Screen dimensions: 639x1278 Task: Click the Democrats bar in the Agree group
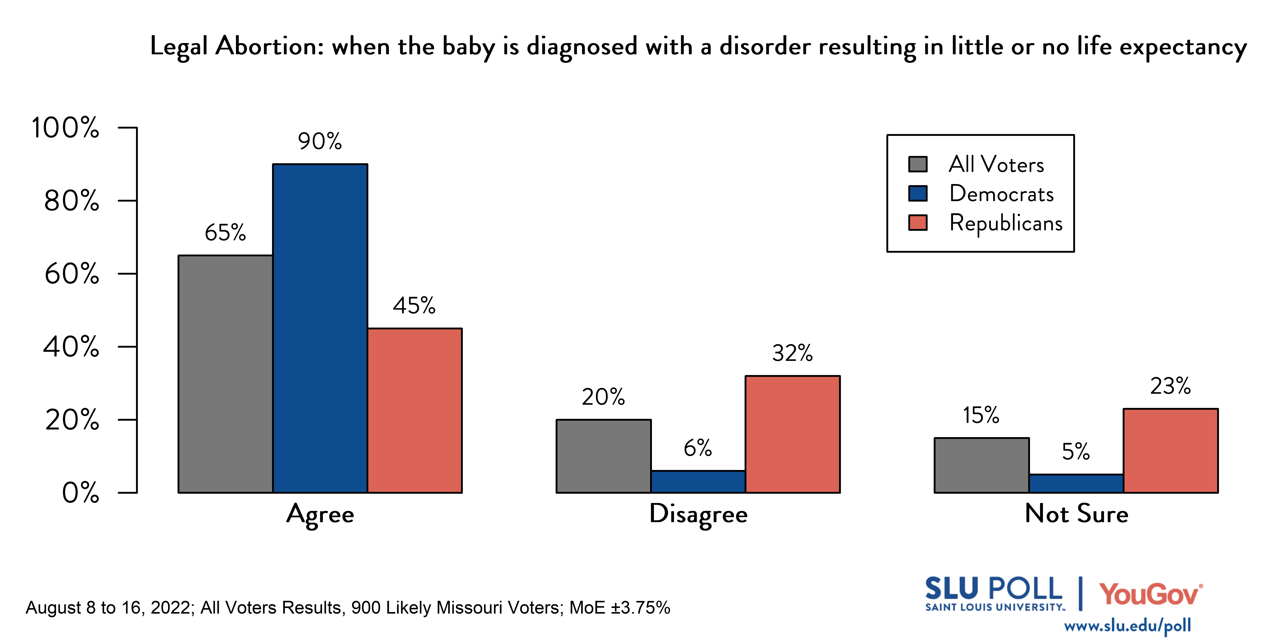(320, 327)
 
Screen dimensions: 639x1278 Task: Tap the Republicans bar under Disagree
(792, 434)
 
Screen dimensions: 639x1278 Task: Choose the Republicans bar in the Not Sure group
(1170, 450)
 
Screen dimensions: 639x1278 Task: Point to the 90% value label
(319, 141)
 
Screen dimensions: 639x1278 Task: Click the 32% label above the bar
(792, 353)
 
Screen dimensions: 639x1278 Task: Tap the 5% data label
(1076, 451)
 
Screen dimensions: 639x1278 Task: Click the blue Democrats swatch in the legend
(917, 194)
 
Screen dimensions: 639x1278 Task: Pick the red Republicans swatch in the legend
(917, 223)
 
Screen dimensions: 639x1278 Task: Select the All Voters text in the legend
(996, 164)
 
